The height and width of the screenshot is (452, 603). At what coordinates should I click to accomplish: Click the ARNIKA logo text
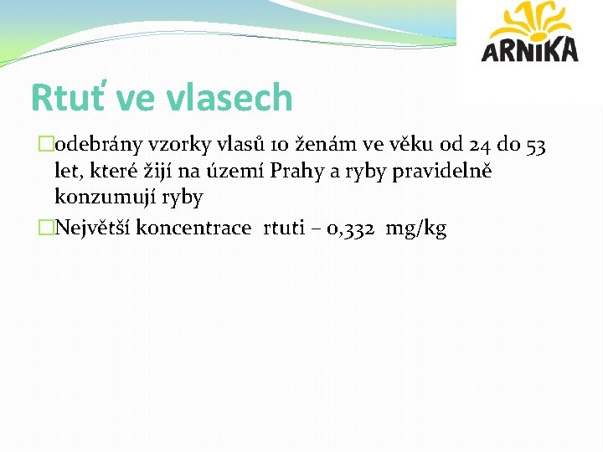click(x=529, y=49)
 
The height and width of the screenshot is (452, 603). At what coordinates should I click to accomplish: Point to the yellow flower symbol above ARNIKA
click(x=530, y=20)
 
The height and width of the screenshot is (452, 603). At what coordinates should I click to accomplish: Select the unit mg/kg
click(x=416, y=229)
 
